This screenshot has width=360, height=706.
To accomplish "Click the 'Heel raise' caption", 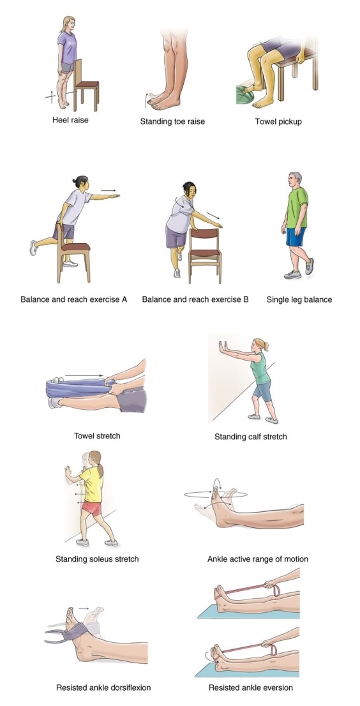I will point(70,119).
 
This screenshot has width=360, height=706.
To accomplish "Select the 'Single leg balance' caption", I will point(299,299).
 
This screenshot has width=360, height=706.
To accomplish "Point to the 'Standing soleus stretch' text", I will point(97,559).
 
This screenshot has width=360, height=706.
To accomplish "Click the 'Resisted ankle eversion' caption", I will point(251,687).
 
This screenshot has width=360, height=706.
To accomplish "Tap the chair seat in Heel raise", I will point(87,83).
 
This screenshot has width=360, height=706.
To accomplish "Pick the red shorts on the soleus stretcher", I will point(91,507).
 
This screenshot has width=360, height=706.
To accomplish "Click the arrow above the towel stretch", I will point(84,376).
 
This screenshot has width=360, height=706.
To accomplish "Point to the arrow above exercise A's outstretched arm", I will point(108,190).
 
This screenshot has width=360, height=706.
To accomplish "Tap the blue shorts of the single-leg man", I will point(296,236).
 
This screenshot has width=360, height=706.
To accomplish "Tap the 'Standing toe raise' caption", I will point(172,121).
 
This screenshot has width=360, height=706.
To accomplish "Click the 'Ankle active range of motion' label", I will point(257,559).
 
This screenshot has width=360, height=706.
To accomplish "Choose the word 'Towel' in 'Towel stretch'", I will point(85,436).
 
